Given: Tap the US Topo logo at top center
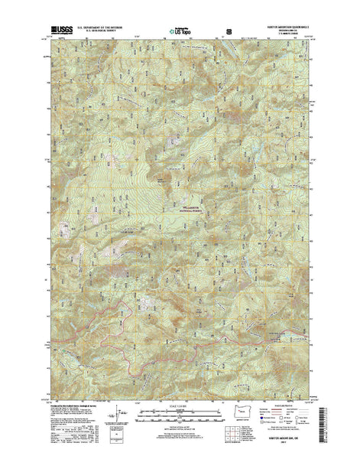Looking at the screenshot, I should coord(181,33).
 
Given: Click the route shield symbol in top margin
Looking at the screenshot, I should coord(229,33).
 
